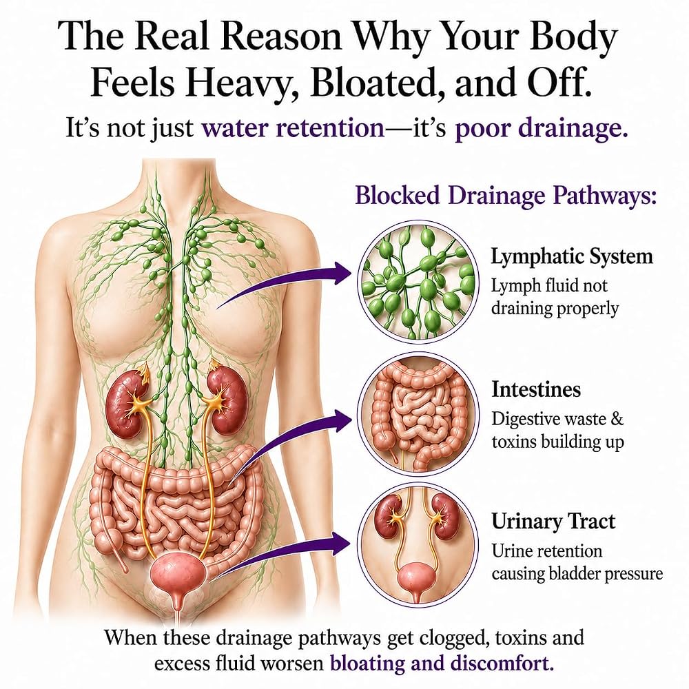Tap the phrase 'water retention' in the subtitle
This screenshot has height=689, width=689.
click(293, 128)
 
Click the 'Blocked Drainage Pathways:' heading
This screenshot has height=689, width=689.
click(506, 195)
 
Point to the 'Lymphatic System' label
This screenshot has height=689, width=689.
click(572, 256)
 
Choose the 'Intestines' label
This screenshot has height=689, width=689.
click(536, 389)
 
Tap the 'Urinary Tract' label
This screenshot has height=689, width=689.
click(553, 521)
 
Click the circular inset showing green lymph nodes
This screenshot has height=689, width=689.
click(418, 282)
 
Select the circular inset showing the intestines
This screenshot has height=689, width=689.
click(418, 413)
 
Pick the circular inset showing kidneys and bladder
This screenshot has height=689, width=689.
click(418, 544)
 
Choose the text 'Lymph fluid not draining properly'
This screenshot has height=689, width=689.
click(555, 296)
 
